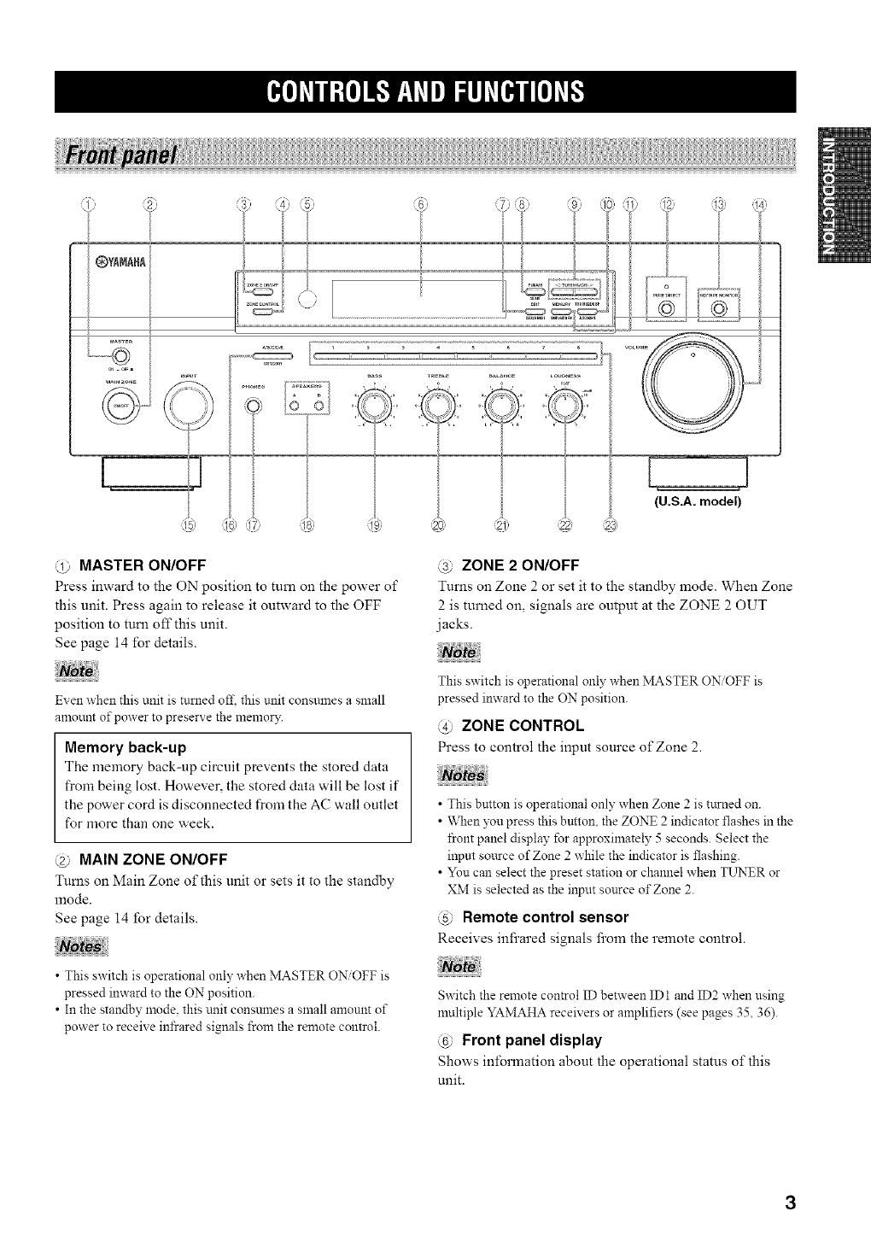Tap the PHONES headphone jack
point(253,406)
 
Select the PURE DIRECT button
point(664,307)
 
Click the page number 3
point(791,1204)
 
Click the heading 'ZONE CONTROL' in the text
point(522,726)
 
